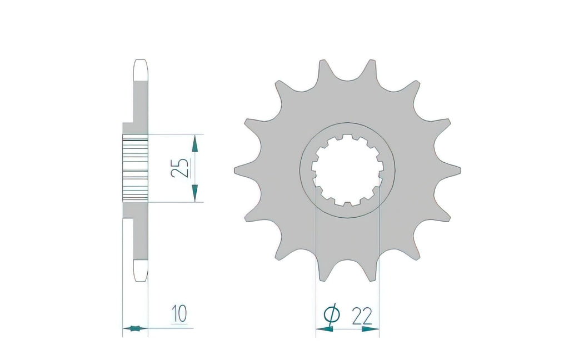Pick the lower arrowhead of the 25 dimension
pyautogui.click(x=195, y=193)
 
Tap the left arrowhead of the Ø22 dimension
pyautogui.click(x=324, y=329)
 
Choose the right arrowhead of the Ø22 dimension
pyautogui.click(x=371, y=329)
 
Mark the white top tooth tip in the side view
pyautogui.click(x=141, y=70)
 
